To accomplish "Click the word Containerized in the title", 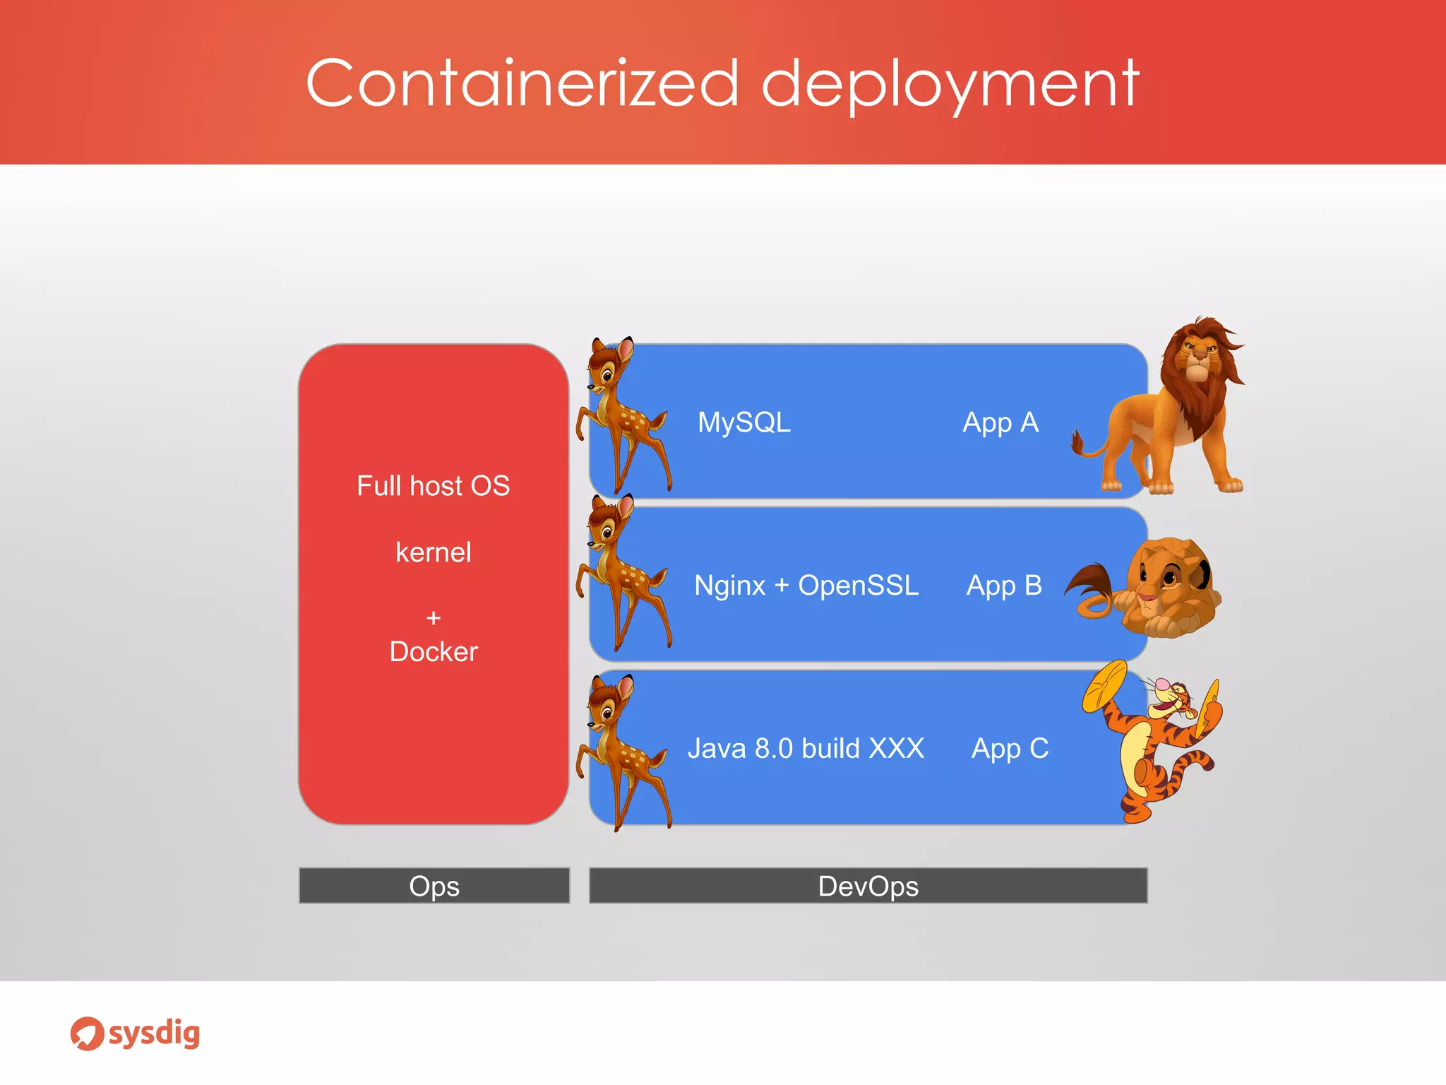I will click(522, 83).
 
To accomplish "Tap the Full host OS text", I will click(433, 486).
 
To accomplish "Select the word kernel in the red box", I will click(433, 552).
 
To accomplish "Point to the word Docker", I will click(433, 651).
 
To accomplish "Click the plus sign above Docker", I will click(433, 618).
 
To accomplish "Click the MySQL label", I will click(743, 422).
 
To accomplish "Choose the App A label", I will click(1000, 422).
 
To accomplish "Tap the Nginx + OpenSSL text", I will click(806, 586).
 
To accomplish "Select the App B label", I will click(1003, 586).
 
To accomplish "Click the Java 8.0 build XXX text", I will click(806, 749).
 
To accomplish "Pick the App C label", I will click(1009, 749).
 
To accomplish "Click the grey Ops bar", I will click(434, 886).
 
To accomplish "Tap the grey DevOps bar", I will click(868, 886).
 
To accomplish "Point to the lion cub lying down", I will click(1158, 590).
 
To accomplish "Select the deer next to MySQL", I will click(621, 417).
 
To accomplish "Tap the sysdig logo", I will click(135, 1033).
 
